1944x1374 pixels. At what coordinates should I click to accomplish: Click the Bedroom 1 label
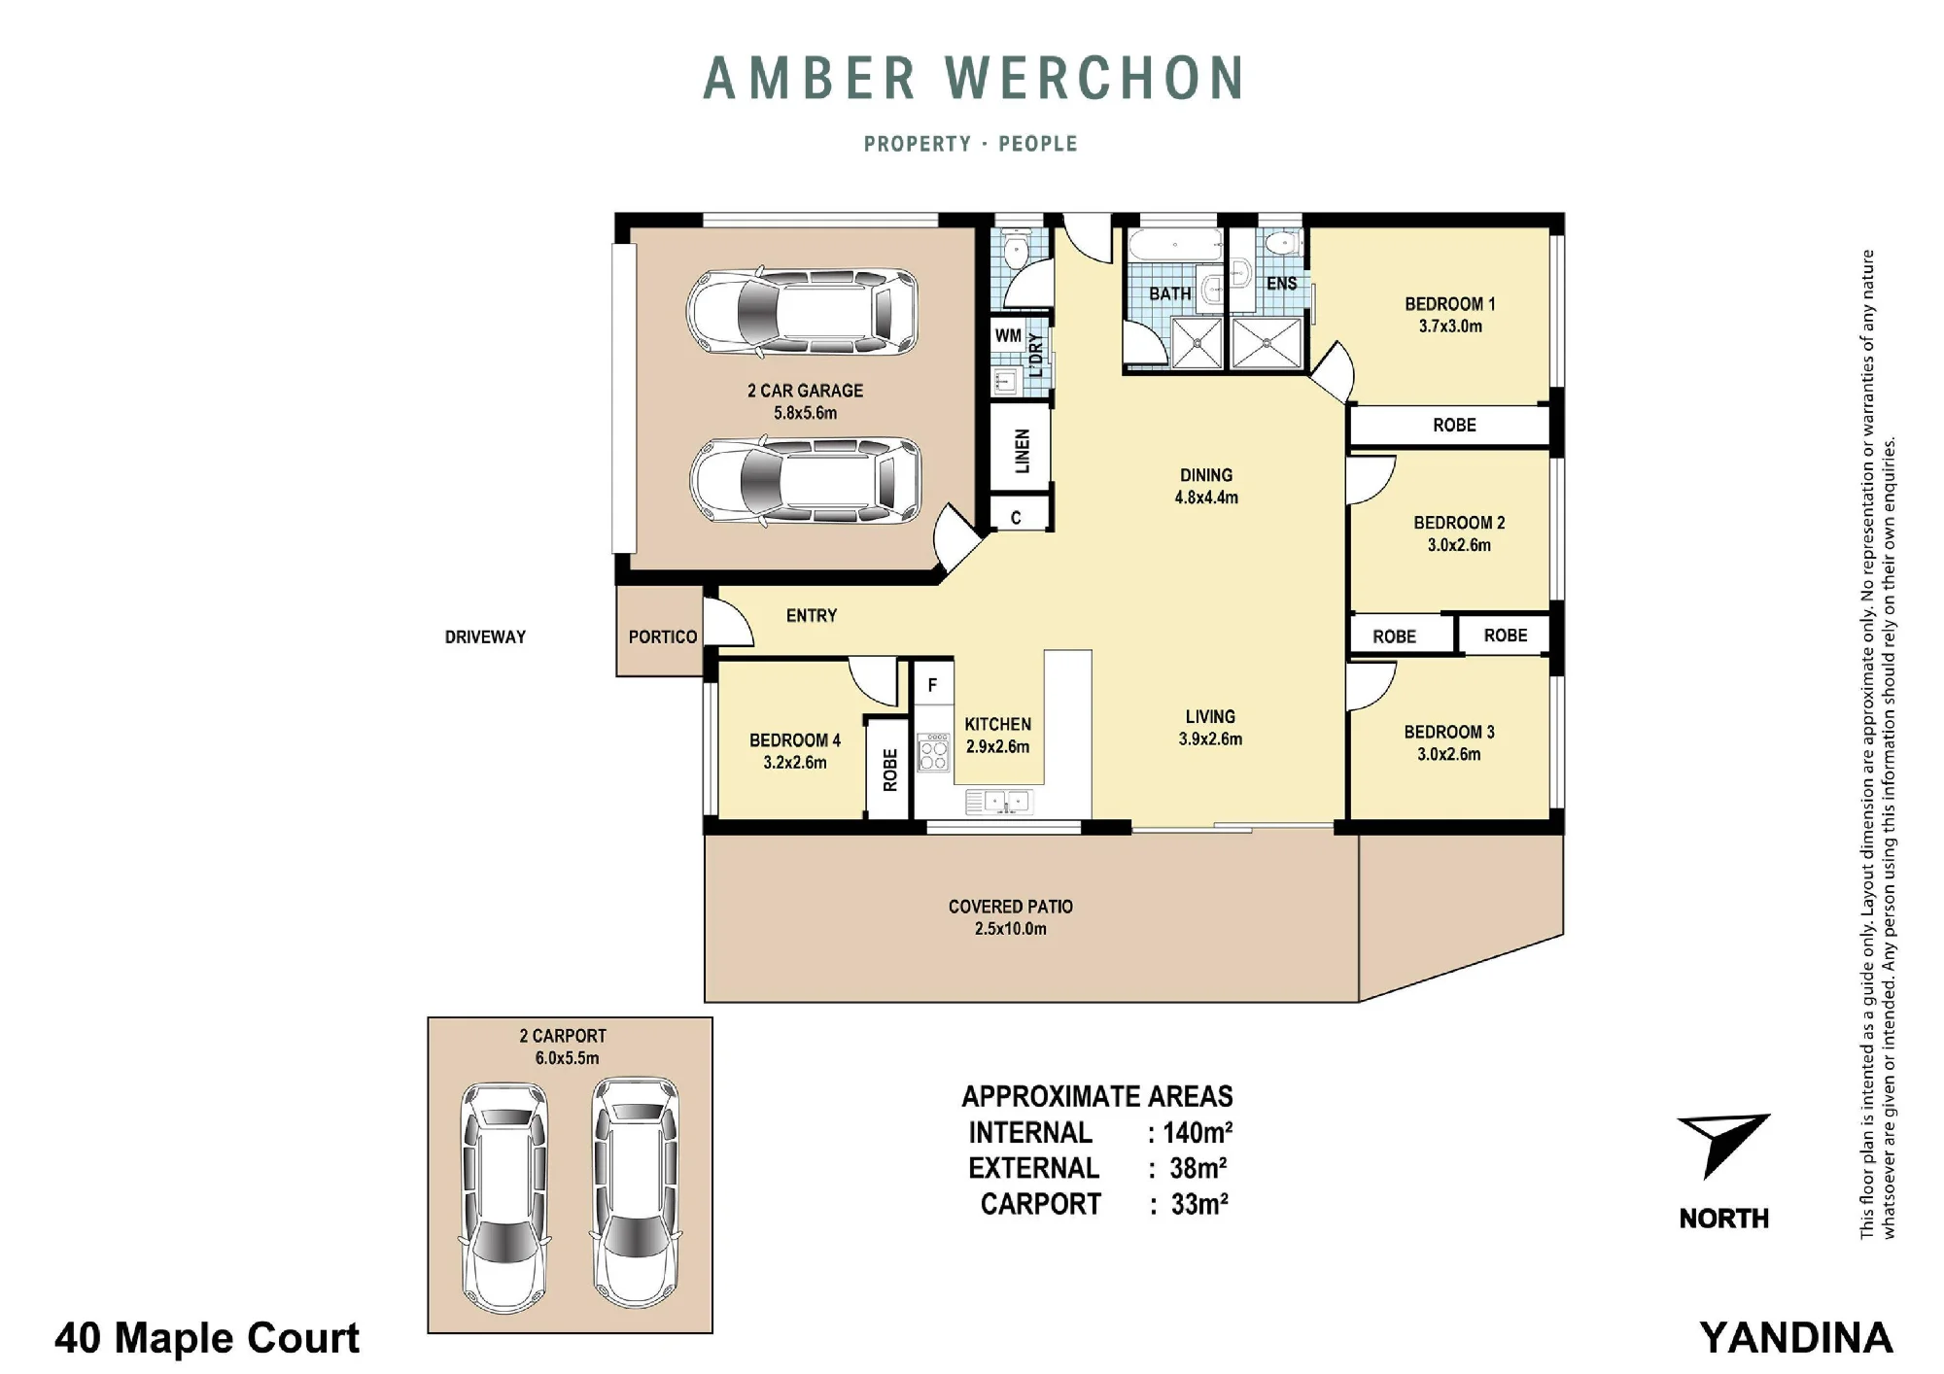point(1449,304)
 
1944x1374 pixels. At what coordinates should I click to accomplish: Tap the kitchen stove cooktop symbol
point(934,752)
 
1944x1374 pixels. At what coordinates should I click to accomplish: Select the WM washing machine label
point(1008,336)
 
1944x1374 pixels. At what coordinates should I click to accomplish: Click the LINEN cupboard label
point(1022,452)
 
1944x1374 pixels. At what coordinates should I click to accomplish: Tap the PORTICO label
point(662,636)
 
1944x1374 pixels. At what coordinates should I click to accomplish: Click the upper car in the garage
point(803,313)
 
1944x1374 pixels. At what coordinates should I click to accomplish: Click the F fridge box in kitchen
point(933,685)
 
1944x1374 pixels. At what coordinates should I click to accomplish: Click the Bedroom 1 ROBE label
point(1454,425)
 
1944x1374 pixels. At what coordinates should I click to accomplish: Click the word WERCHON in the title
point(1095,79)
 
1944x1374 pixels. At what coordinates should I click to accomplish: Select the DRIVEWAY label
point(485,637)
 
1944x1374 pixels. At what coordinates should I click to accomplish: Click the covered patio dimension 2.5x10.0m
point(1011,929)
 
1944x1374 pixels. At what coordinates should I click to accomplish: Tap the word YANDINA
point(1796,1338)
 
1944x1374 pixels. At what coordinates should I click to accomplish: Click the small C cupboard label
point(1016,518)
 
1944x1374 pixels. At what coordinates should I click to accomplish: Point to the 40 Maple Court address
point(207,1338)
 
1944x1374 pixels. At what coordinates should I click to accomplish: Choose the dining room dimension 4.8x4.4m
point(1206,498)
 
